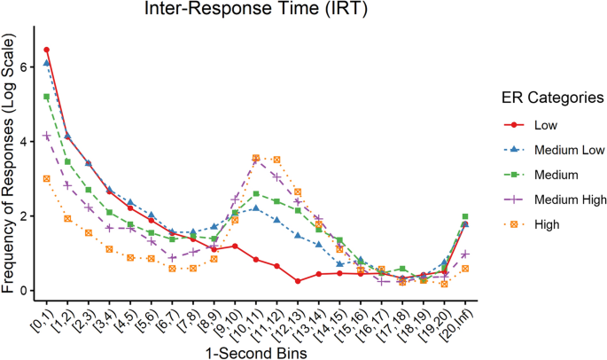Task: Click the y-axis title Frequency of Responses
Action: [x=12, y=165]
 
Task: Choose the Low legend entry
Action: [x=547, y=126]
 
